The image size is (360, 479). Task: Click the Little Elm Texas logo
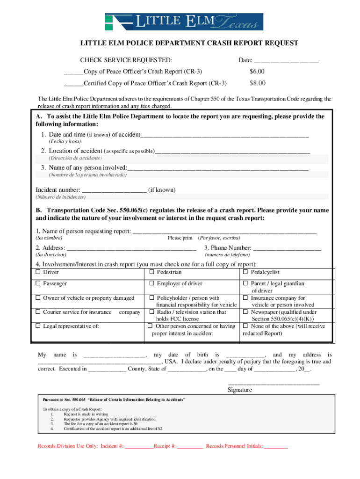coord(184,22)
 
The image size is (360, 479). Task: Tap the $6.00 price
coord(257,72)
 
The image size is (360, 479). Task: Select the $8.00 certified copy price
coord(257,83)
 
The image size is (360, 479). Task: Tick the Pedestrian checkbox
coord(152,272)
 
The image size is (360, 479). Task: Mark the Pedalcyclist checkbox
coord(245,272)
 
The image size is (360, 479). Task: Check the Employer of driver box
coord(152,283)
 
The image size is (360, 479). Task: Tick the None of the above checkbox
coord(245,326)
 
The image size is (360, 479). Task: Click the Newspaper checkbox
coord(245,312)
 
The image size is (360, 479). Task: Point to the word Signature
coord(240,390)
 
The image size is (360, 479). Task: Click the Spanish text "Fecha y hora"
coord(65,141)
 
